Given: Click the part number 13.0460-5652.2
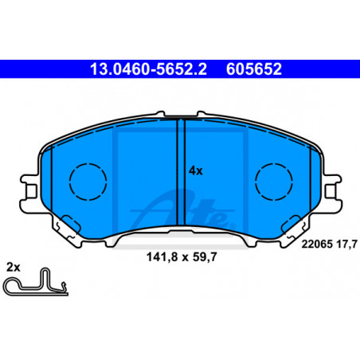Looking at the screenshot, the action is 148,69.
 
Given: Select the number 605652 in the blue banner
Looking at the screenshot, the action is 254,69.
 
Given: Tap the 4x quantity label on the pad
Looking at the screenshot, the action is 195,171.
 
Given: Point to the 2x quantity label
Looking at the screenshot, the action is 14,267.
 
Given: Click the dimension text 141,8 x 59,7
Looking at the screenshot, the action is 182,257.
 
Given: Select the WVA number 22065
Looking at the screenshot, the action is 317,244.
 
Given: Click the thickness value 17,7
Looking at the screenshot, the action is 347,245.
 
